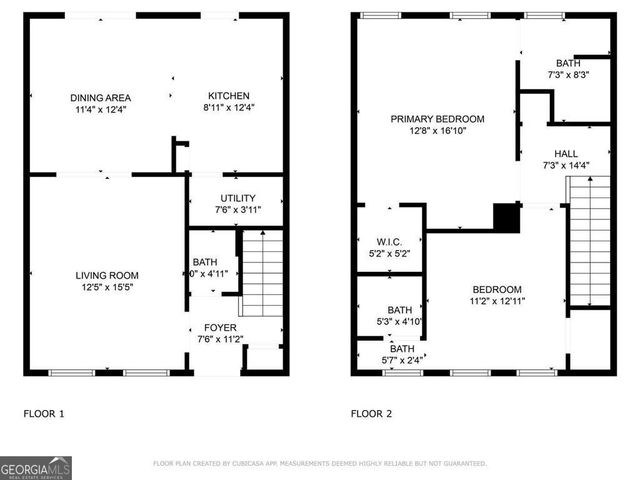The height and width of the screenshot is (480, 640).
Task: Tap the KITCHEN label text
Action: point(228,96)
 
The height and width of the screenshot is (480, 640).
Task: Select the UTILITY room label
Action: point(237,198)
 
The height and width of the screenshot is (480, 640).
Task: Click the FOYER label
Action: point(220,327)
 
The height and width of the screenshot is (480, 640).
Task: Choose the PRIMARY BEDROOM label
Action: point(437,118)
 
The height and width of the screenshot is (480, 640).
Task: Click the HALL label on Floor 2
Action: point(566,153)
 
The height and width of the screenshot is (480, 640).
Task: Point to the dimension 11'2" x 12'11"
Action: point(497,300)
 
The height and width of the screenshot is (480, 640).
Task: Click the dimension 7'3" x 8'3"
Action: point(568,74)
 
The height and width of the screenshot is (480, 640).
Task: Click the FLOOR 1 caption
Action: point(43,412)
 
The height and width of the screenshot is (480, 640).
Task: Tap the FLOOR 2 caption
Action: point(371,412)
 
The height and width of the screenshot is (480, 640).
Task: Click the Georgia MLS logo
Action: point(36,467)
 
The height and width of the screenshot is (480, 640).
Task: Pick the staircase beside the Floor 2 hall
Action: point(588,240)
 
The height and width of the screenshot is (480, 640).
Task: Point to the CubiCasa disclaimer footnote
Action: point(320,463)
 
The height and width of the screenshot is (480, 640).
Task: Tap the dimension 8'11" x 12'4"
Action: point(228,108)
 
